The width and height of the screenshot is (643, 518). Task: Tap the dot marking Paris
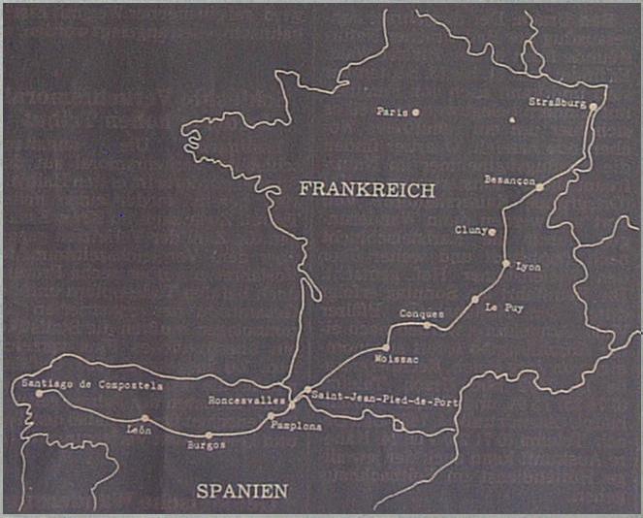415,113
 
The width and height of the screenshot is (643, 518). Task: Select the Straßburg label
557,102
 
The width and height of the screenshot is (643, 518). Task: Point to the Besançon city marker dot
540,186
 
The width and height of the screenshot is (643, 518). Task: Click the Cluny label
470,231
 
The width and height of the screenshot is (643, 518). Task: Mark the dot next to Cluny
494,232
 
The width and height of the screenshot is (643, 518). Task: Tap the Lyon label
530,267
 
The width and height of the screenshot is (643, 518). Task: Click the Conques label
422,314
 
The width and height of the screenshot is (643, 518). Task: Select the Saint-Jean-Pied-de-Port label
384,400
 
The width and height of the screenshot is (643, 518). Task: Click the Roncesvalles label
246,400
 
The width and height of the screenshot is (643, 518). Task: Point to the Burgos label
205,445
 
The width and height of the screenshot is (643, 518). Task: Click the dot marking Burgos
209,435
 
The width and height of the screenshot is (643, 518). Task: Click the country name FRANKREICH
367,190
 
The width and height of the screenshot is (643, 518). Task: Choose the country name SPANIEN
242,491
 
